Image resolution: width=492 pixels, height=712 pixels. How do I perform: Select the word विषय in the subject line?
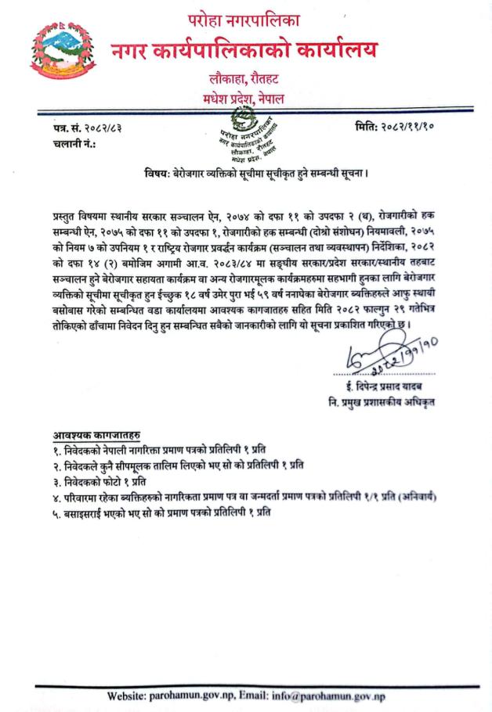click(x=157, y=172)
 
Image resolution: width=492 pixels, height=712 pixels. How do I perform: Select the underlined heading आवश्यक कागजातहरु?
click(x=86, y=435)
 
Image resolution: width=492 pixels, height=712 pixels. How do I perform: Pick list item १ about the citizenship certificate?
click(x=157, y=450)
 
